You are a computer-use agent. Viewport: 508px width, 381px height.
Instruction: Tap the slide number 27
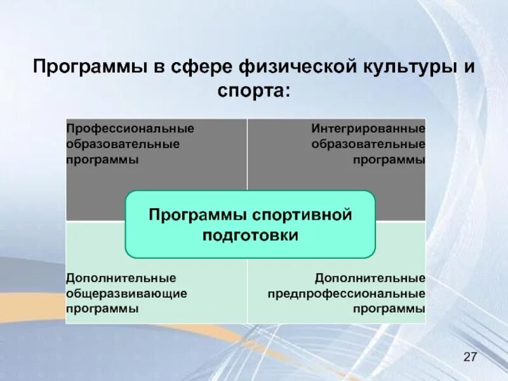point(470,357)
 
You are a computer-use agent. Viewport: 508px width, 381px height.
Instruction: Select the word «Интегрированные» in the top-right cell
point(368,129)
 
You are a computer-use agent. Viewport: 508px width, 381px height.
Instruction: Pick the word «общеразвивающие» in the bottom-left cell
point(126,294)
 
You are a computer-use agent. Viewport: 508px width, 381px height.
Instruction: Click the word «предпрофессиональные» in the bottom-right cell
point(346,294)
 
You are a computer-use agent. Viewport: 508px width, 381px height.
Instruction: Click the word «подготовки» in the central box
point(250,235)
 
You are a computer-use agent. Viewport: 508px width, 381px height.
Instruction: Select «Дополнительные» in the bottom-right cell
point(370,279)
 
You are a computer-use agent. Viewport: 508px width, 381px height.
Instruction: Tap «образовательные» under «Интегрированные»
point(368,144)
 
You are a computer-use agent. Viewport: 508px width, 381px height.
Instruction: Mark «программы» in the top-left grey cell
point(102,159)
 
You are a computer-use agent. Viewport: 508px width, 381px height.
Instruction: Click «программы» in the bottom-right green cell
point(389,309)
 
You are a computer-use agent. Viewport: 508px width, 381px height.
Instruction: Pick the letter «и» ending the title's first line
point(469,67)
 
